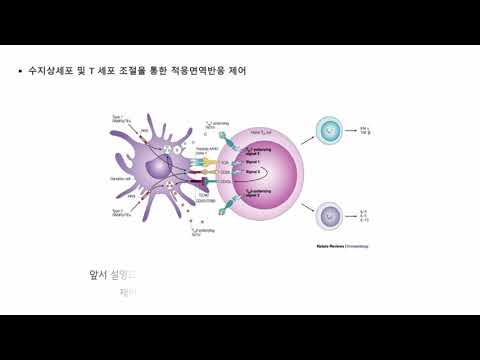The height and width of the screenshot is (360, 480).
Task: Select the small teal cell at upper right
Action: [x=329, y=129]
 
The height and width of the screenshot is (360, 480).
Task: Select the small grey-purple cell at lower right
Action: [x=329, y=215]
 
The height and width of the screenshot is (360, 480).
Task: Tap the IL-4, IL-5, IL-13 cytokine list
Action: [x=364, y=216]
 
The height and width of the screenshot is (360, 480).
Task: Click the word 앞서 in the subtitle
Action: [x=98, y=273]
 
